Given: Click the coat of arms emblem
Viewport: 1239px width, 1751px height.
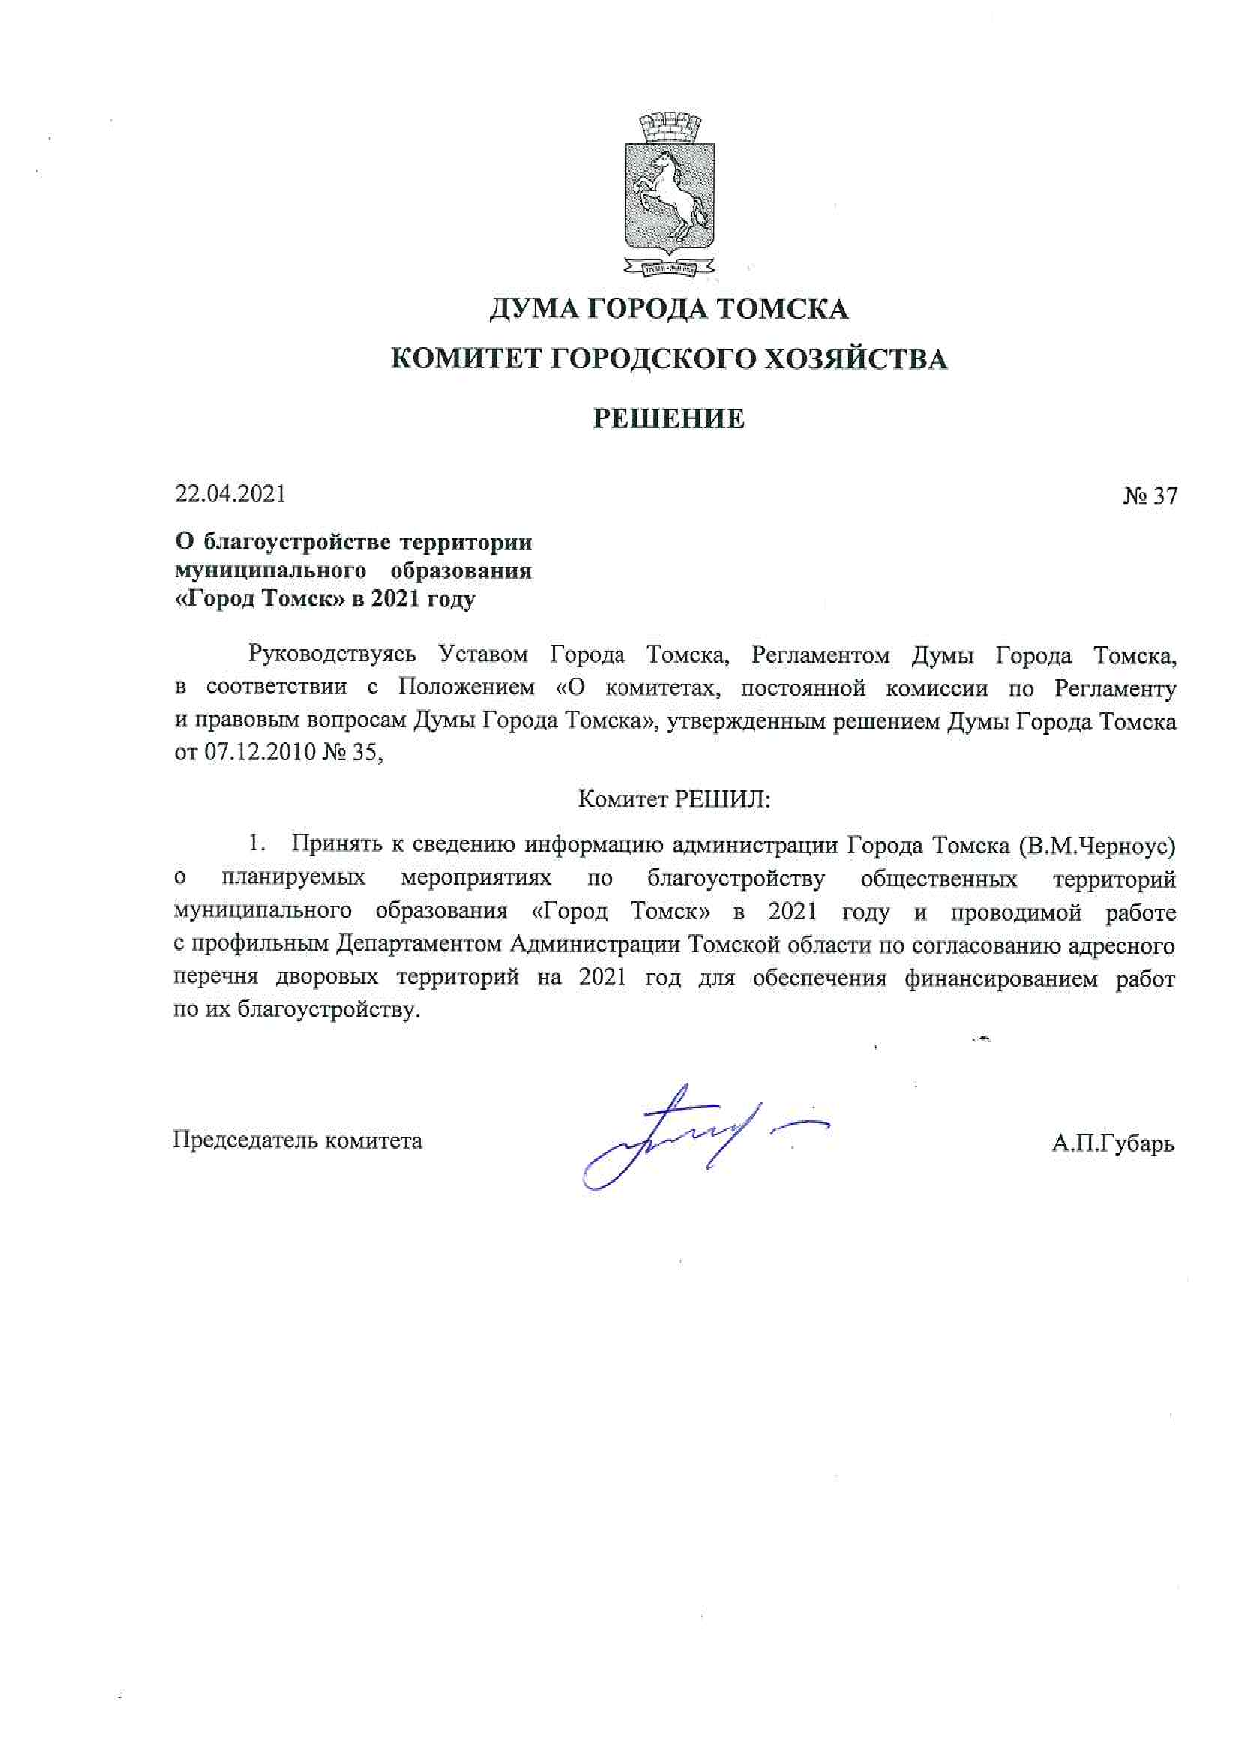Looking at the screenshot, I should tap(669, 196).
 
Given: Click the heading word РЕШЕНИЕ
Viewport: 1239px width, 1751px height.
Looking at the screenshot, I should tap(668, 418).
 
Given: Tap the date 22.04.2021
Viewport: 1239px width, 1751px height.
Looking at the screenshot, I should tap(230, 493).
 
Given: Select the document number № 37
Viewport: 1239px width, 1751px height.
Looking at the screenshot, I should tap(1149, 496).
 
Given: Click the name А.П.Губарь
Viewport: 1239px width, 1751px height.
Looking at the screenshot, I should tap(1112, 1144).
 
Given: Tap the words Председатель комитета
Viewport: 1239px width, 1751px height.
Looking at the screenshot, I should tap(297, 1140).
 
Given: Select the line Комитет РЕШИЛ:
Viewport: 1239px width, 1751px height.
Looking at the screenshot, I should tap(674, 799).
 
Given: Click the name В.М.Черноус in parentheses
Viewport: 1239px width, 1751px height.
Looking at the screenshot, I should tap(1097, 846).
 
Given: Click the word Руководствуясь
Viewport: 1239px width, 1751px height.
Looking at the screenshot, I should tap(332, 655).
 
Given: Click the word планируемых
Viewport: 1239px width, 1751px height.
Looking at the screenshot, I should tap(293, 879).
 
